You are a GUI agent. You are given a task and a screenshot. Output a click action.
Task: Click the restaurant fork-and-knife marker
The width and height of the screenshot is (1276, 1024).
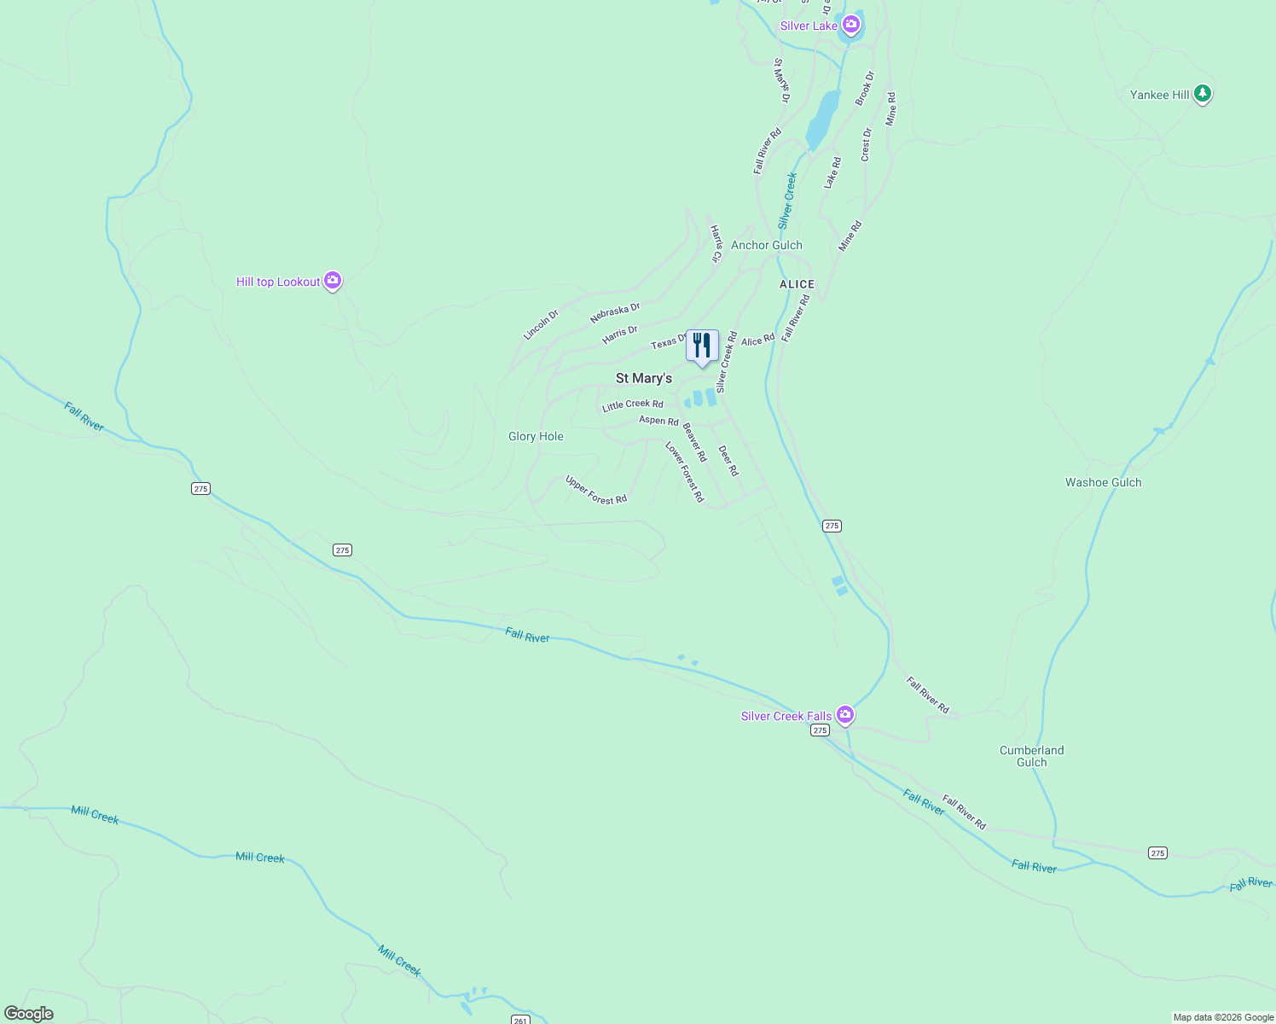click(702, 346)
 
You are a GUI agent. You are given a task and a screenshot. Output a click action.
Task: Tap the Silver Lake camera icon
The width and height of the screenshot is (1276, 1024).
click(850, 24)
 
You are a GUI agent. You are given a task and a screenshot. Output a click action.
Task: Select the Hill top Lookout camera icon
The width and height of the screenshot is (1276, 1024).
click(333, 280)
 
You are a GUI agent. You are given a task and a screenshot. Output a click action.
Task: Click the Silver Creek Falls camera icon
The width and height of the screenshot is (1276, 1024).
click(844, 714)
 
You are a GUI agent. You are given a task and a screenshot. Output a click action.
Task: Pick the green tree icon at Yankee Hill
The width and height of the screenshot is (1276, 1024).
click(1202, 93)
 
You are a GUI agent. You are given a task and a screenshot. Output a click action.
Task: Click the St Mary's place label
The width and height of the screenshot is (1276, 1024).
click(644, 378)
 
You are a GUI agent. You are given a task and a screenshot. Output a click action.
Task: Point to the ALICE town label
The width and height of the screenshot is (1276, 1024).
click(797, 284)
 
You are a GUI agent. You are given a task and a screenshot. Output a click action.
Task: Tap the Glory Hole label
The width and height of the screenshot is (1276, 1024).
click(536, 436)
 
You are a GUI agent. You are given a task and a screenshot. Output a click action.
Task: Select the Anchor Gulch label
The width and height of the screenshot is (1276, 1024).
click(766, 245)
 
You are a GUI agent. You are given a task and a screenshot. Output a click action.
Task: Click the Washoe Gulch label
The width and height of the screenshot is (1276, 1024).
click(1103, 482)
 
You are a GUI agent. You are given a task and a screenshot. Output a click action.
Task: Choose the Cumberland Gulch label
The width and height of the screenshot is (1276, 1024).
click(1031, 756)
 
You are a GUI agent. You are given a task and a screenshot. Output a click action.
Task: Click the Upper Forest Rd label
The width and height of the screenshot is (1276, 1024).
click(596, 490)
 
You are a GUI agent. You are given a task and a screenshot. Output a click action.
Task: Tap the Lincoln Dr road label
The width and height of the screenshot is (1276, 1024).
click(541, 325)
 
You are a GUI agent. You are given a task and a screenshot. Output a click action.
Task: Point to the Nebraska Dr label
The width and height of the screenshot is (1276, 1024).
click(614, 313)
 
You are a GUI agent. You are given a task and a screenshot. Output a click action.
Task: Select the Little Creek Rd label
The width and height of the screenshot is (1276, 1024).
click(632, 404)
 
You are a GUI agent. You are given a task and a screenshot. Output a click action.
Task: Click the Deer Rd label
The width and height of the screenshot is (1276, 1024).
click(728, 461)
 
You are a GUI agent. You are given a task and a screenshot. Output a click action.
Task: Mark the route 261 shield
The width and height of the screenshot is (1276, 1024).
click(520, 1019)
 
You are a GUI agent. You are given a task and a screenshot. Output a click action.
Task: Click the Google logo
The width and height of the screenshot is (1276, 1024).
click(28, 1013)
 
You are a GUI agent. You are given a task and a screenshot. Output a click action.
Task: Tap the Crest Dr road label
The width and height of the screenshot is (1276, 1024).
click(867, 144)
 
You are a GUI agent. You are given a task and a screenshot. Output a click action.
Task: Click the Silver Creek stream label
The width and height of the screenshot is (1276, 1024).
click(787, 201)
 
